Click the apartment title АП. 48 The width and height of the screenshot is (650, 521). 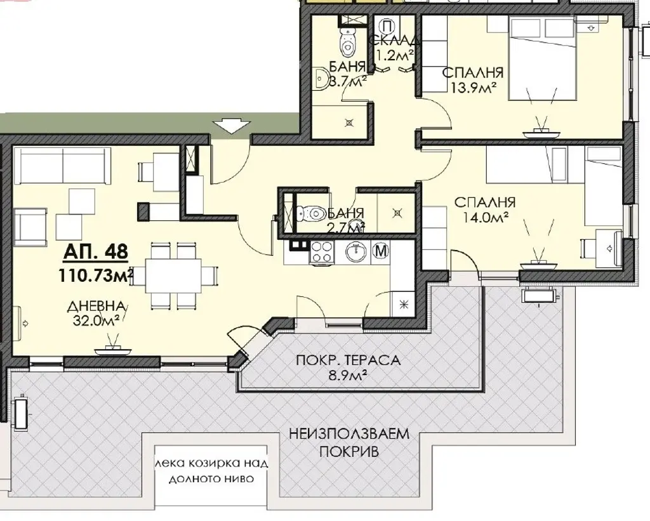coord(95,251)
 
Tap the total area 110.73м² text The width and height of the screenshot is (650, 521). coord(96,275)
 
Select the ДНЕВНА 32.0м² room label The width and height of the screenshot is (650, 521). coord(96,313)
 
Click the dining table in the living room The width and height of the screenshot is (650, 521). coord(174,275)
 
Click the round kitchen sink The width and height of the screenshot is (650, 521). coord(356,251)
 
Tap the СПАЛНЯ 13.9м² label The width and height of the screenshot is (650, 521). coord(473,79)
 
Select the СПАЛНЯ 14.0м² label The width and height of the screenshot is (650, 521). coord(485,209)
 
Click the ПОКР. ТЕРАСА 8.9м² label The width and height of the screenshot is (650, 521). coord(348,367)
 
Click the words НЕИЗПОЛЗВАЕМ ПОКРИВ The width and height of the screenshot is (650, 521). coord(349,443)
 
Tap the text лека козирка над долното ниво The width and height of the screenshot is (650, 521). coord(211,470)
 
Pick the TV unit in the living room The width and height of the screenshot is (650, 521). coord(113,350)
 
